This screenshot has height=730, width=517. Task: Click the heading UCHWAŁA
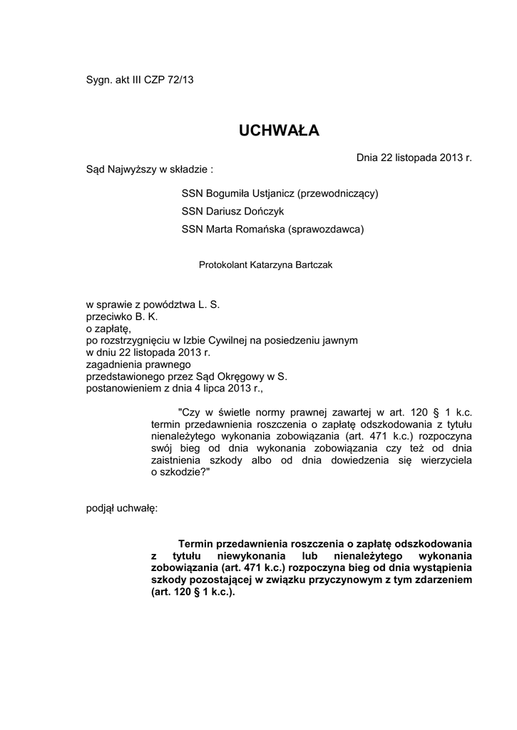(x=279, y=130)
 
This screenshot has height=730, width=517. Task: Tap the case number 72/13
(x=180, y=80)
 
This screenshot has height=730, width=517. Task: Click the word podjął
(x=101, y=509)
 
